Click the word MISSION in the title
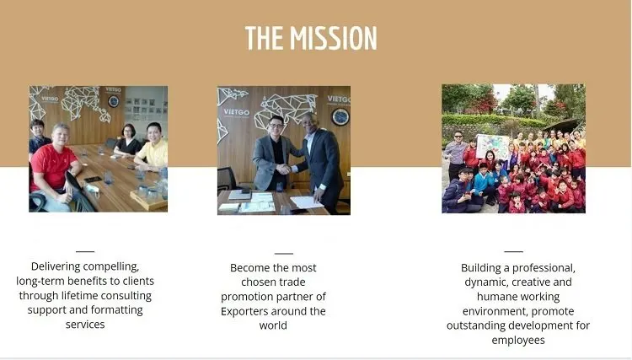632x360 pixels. (x=333, y=38)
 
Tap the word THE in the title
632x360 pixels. (x=265, y=38)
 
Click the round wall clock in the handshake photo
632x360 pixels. (x=340, y=116)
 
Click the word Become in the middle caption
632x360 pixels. (x=250, y=267)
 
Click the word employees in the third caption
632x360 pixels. (x=518, y=340)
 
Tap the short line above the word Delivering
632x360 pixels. (x=85, y=251)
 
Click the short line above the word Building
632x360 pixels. (x=513, y=251)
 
